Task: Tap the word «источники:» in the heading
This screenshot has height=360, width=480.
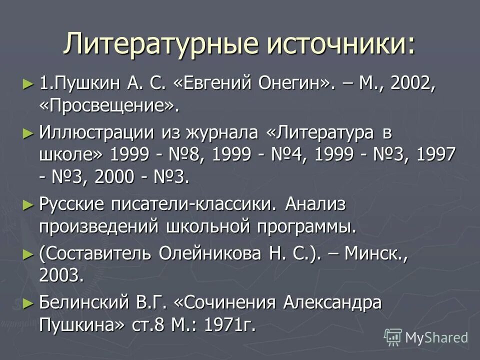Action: click(341, 43)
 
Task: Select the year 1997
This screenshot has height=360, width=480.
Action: click(434, 154)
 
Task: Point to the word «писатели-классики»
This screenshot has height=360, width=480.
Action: click(193, 204)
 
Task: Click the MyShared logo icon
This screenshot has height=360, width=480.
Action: click(393, 337)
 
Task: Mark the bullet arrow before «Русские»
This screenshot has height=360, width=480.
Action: click(28, 204)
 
